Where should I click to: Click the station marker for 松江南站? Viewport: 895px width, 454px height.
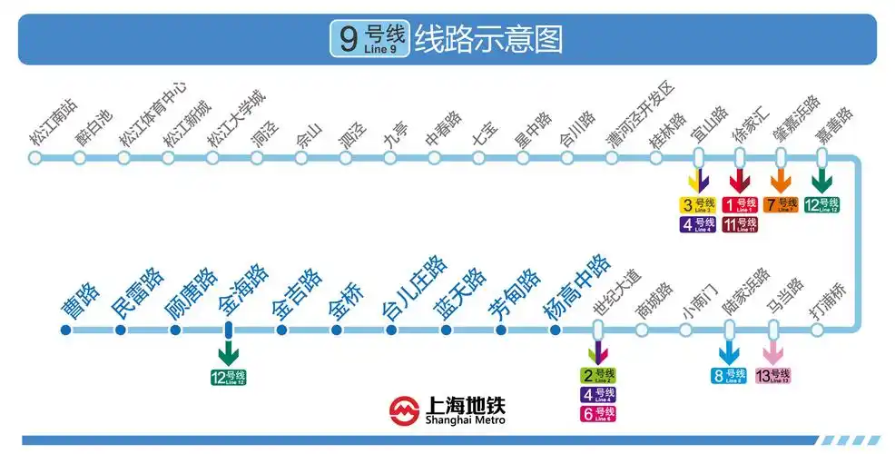[35, 158]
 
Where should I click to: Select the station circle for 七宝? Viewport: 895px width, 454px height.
[478, 158]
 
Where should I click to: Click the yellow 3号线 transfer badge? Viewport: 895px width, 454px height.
[699, 205]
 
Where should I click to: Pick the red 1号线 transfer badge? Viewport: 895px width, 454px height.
[740, 205]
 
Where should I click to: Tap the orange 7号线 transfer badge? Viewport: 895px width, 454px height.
[781, 205]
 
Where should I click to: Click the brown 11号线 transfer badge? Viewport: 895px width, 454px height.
[740, 224]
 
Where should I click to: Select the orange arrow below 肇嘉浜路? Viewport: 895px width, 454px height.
[781, 180]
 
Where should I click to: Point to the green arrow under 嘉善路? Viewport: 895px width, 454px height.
[821, 180]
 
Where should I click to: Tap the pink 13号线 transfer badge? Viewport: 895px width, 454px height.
[774, 375]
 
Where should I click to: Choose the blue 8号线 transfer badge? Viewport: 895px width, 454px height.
[729, 375]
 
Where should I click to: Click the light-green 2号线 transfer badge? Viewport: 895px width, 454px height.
[598, 375]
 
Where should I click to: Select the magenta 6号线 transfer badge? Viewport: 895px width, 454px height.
[598, 413]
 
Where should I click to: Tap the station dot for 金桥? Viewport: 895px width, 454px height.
[337, 330]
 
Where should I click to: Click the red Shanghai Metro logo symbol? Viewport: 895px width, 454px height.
[404, 410]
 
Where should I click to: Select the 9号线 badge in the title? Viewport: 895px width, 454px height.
[369, 39]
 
